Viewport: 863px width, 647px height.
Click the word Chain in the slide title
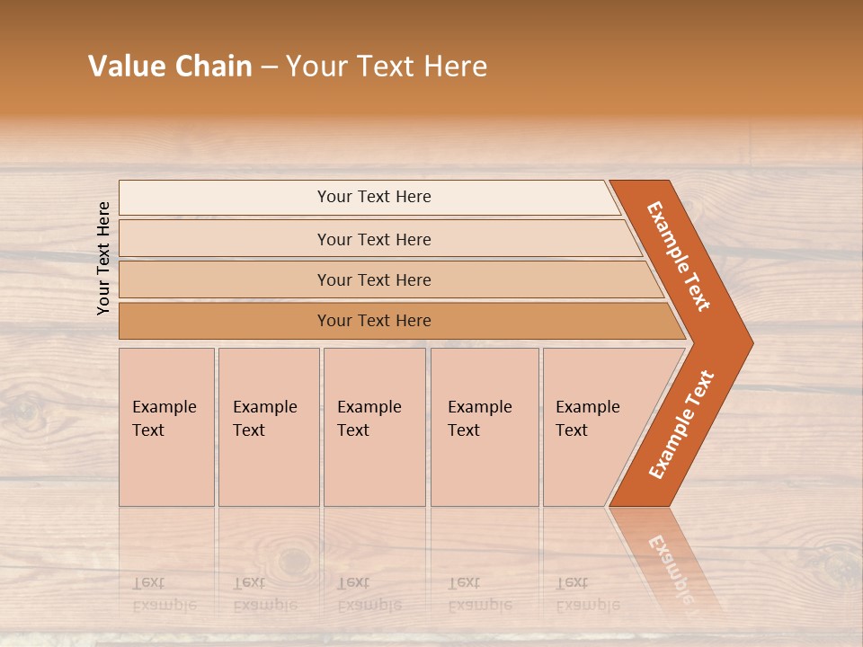[213, 66]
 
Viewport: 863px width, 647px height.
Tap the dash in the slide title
[269, 67]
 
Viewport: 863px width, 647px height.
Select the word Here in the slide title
[455, 66]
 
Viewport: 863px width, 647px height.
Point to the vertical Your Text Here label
[103, 258]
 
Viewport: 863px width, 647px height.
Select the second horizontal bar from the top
[374, 239]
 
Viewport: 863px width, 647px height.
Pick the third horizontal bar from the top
[374, 279]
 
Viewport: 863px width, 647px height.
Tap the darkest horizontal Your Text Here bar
[374, 321]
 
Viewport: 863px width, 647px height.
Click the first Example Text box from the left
[166, 426]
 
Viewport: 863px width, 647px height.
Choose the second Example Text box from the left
[268, 426]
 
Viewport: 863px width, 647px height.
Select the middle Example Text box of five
[374, 426]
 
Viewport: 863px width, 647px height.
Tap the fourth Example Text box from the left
[485, 426]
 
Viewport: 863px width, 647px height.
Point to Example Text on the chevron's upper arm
[680, 256]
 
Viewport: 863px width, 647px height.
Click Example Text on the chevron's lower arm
[681, 424]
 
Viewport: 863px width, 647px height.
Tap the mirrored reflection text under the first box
[165, 594]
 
